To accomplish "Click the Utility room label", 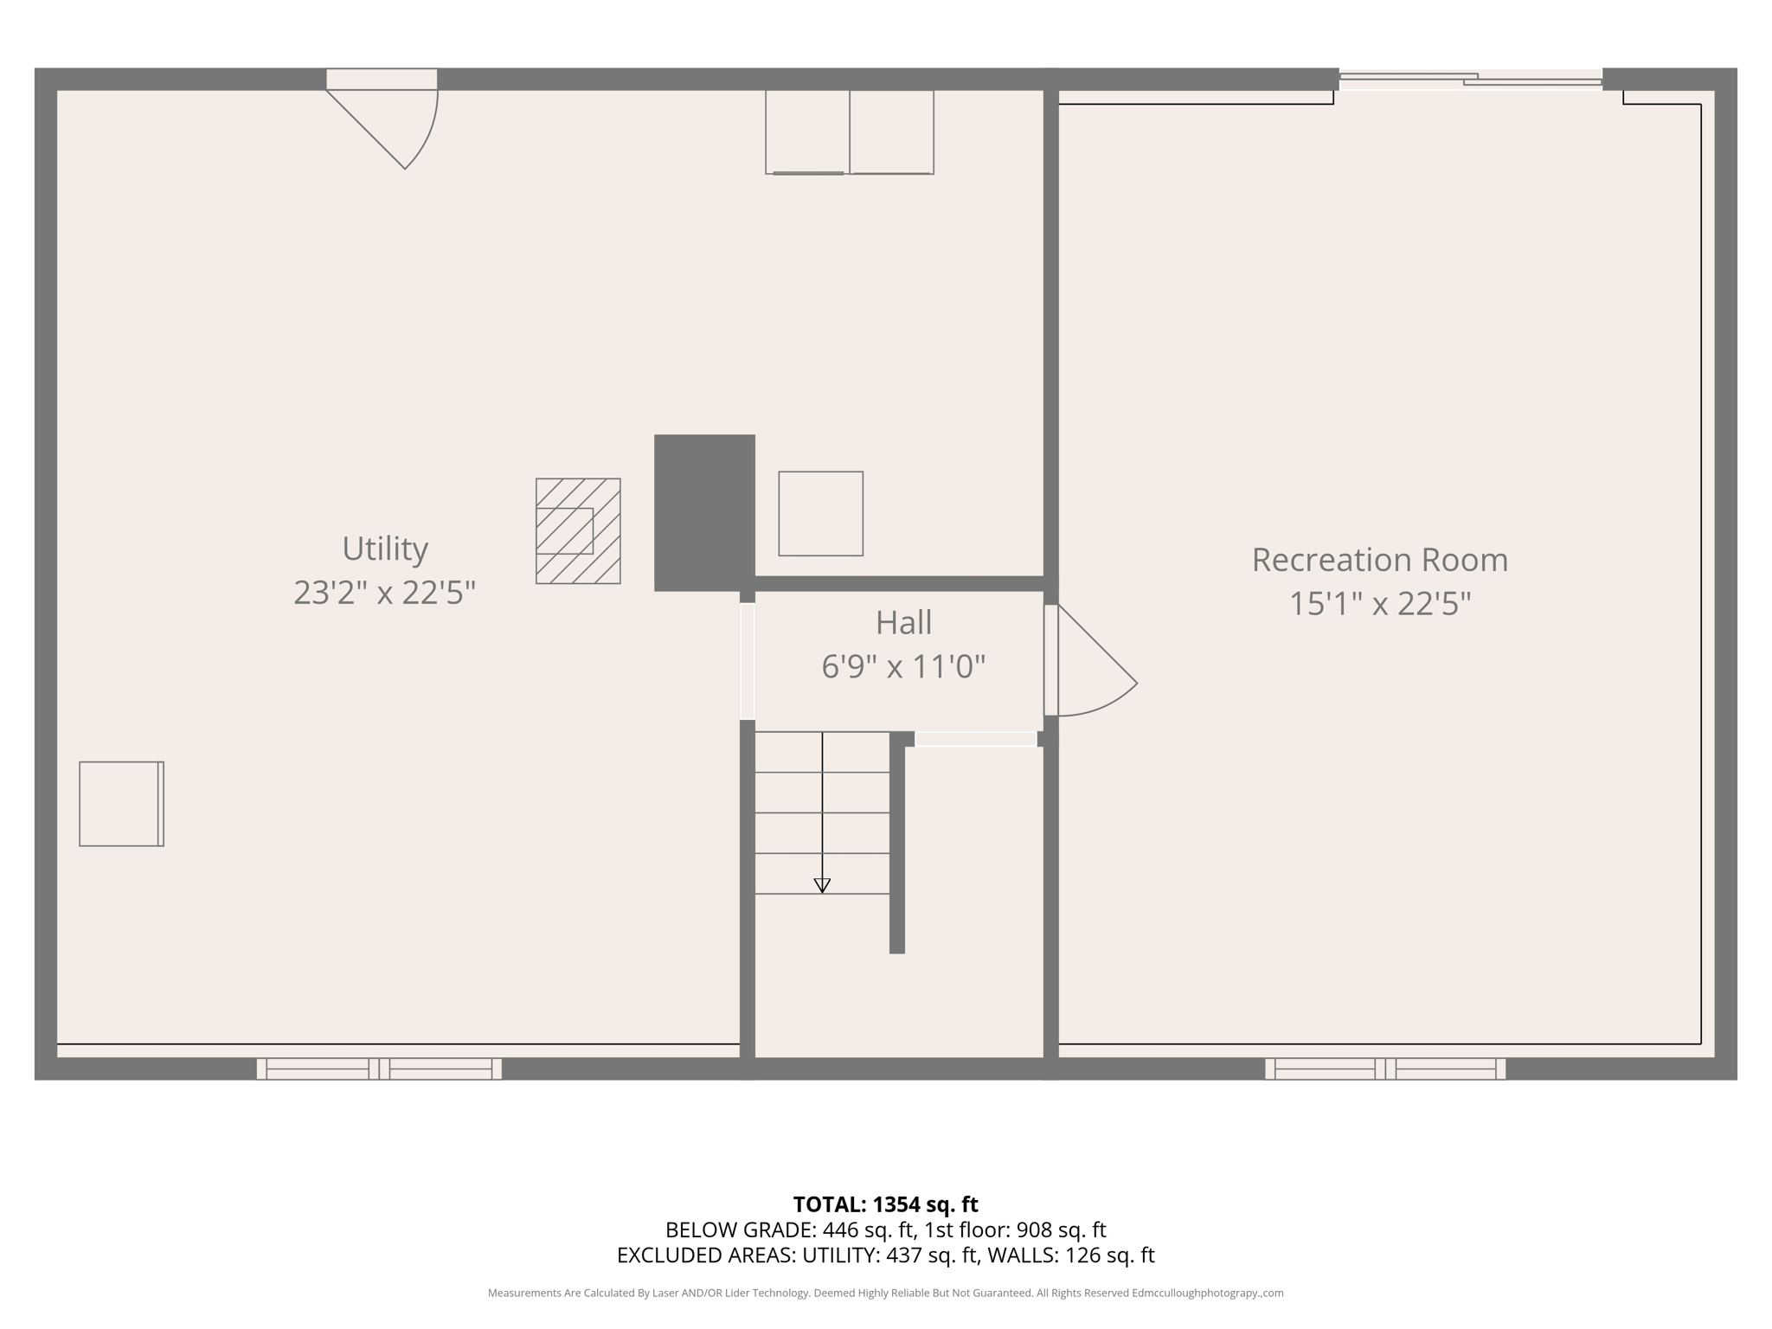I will pos(385,549).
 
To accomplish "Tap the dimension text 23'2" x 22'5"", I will pos(385,594).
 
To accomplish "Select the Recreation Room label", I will pos(1379,560).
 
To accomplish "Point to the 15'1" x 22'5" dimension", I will pos(1379,604).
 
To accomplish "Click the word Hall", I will pos(903,623).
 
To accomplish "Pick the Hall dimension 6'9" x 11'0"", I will pos(903,667).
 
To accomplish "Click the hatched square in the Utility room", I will pos(578,530).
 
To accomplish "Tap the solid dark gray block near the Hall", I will pos(704,512).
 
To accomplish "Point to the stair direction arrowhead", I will pos(822,885).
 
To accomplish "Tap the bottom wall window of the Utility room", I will pos(379,1069).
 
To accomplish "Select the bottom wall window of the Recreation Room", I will pos(1385,1069).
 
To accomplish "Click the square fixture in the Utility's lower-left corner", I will pos(121,804).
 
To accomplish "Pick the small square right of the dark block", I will pos(820,513).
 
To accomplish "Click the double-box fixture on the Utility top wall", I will pos(849,132).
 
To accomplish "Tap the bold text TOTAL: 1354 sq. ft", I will pos(885,1204).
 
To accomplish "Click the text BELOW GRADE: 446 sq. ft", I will pos(789,1229).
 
